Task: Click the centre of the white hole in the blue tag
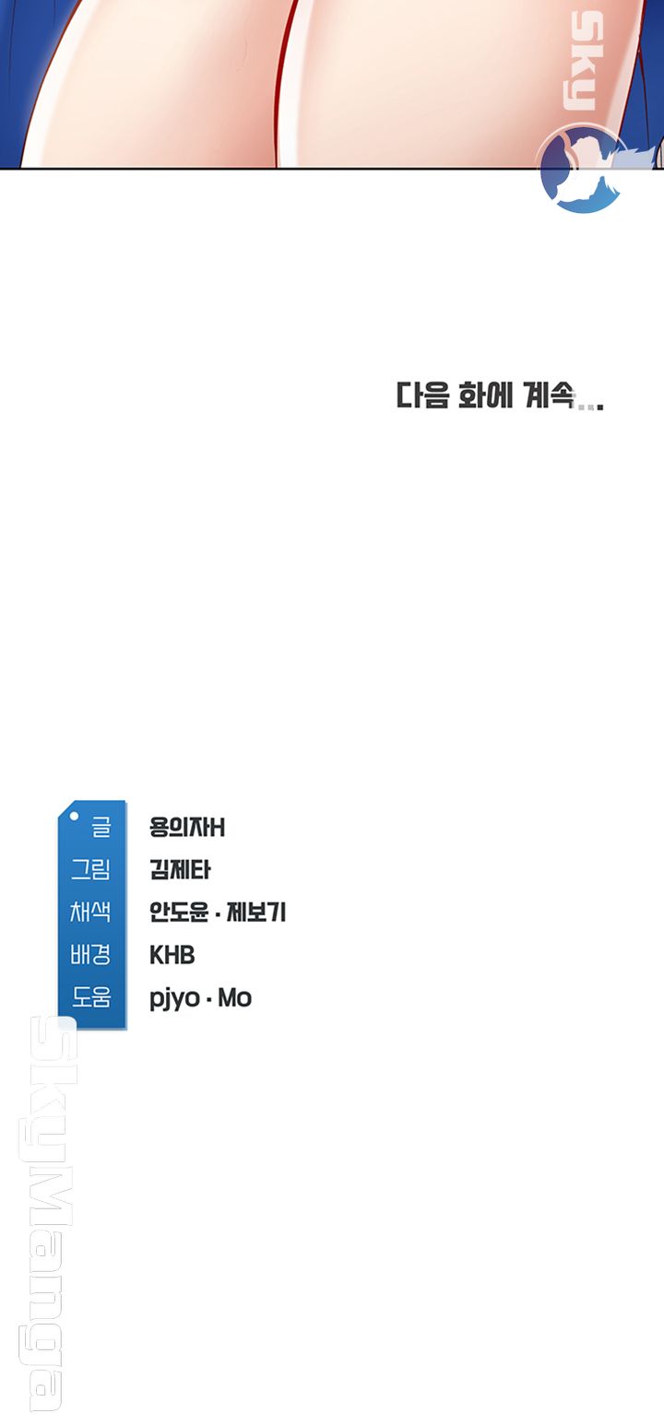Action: point(75,816)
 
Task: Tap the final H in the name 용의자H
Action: point(217,828)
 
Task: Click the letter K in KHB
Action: point(156,955)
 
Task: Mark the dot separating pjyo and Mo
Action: point(208,999)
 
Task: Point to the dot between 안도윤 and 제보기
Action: point(217,914)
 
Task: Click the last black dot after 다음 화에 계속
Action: point(600,406)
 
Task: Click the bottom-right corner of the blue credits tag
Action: point(126,1029)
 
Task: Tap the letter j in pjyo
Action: point(164,999)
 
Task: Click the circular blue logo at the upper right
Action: point(581,169)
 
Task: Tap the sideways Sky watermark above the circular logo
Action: point(584,63)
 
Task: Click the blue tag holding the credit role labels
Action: point(92,914)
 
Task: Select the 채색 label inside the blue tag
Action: point(90,913)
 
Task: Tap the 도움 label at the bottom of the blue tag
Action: point(91,997)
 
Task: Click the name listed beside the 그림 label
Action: point(180,869)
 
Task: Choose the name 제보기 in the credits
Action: point(256,913)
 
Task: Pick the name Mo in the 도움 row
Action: point(235,997)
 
